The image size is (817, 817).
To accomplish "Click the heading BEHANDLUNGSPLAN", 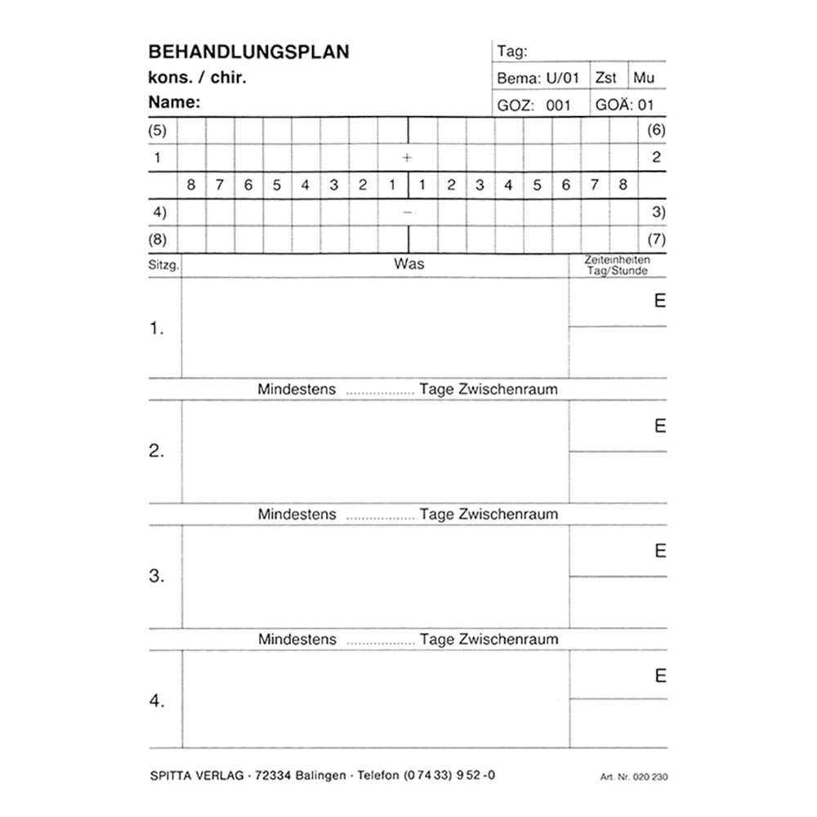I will point(248,52).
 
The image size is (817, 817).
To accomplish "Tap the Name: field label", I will point(174,103).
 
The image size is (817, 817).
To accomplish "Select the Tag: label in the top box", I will point(512,51).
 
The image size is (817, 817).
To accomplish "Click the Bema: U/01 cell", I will point(538,78).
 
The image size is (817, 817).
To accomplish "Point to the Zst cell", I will point(606,78).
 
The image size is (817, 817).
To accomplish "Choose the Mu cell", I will point(644,78).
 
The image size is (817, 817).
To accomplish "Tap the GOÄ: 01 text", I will point(625,105).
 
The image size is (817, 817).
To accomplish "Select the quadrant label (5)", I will point(158,131).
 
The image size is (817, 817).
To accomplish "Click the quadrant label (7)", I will point(656,240).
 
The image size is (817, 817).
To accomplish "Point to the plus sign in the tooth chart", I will point(407,158).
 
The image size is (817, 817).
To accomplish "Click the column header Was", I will point(408,264).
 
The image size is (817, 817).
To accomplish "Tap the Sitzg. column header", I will point(163,266).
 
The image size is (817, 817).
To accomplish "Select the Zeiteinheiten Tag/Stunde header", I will point(617,265).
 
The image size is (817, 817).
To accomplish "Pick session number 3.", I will point(157,576).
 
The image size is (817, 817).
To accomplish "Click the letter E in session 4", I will point(660,676).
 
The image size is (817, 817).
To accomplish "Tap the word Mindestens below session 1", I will point(297,390).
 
